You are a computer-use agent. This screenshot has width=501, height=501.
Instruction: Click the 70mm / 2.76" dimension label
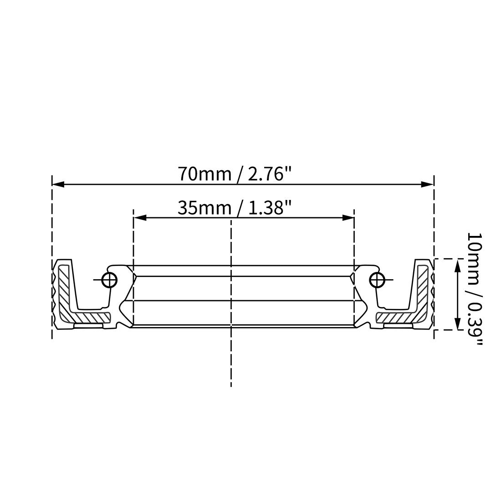[235, 174]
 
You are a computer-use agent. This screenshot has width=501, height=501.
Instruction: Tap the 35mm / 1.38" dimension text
[235, 208]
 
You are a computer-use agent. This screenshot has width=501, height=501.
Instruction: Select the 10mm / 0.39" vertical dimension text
[474, 289]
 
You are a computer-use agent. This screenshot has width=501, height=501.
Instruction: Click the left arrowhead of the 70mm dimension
[58, 184]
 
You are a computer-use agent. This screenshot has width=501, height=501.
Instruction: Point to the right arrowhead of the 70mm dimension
[427, 184]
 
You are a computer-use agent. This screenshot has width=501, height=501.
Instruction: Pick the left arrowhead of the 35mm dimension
[140, 218]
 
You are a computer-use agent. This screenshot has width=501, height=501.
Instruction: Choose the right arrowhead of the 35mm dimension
[348, 218]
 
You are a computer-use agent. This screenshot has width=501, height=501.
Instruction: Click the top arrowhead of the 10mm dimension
[458, 266]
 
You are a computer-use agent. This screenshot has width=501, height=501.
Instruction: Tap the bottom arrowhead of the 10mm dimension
[458, 323]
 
